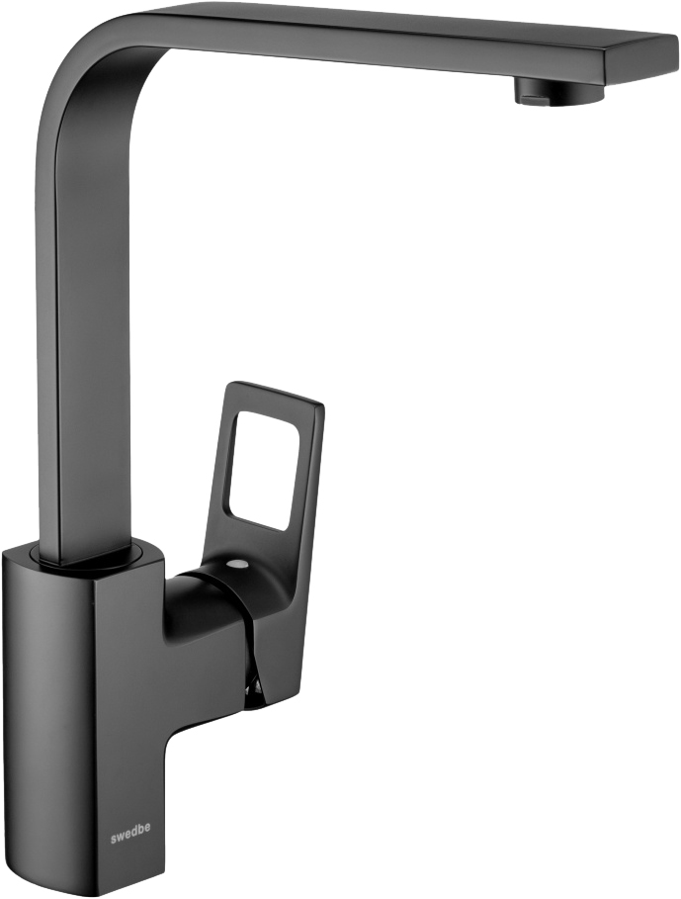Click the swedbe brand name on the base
point(130,840)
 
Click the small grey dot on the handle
point(235,566)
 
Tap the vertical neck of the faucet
point(86,344)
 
